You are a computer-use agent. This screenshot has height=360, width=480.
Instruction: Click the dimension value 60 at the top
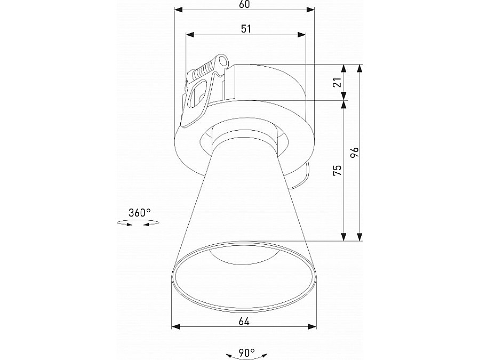(x=245, y=4)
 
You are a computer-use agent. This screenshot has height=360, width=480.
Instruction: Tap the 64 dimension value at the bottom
(x=244, y=321)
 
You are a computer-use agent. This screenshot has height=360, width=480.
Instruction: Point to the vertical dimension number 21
(x=337, y=83)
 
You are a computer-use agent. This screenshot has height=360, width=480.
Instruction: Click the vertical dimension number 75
(x=337, y=170)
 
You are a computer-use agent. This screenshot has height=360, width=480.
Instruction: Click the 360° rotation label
(x=139, y=213)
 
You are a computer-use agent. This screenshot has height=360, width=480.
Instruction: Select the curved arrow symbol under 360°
(x=138, y=225)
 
